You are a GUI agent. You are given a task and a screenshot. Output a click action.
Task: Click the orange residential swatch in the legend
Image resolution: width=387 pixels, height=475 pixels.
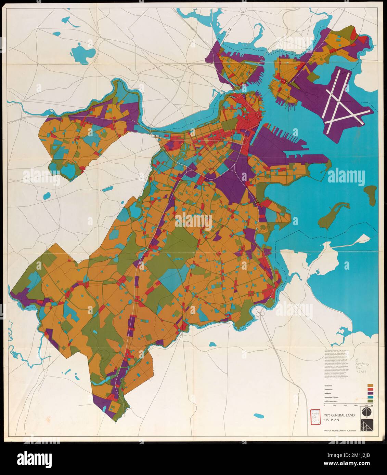(x=370, y=385)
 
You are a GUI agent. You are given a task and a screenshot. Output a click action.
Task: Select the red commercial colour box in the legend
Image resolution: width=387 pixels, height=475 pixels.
(x=370, y=391)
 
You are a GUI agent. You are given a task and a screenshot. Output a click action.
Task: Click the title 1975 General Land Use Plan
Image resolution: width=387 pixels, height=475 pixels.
(x=339, y=418)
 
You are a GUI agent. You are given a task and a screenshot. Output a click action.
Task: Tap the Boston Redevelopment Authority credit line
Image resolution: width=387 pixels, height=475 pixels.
(x=340, y=431)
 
